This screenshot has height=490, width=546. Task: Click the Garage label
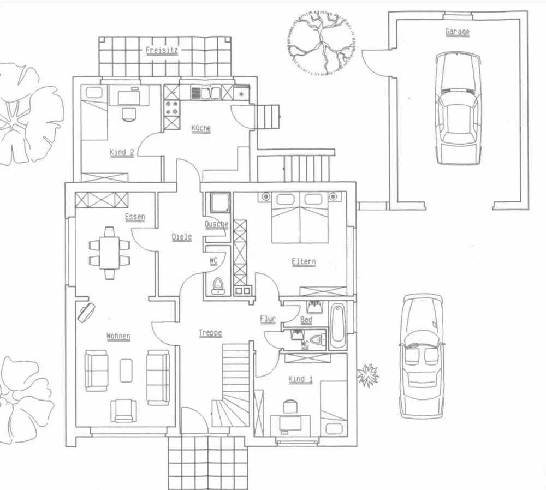457,32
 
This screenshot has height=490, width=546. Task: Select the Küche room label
200,128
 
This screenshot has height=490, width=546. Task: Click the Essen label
135,217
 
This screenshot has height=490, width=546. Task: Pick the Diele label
182,237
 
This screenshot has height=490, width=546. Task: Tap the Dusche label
216,224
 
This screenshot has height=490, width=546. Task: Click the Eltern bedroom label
304,261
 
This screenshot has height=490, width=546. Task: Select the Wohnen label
118,336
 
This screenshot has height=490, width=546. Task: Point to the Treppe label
210,332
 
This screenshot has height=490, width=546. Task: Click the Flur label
268,319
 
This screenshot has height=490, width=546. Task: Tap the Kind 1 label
300,379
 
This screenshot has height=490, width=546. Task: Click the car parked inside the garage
458,108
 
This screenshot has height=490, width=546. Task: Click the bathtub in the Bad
337,326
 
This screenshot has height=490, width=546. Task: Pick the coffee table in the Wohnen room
127,370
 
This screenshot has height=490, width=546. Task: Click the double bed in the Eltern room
300,217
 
